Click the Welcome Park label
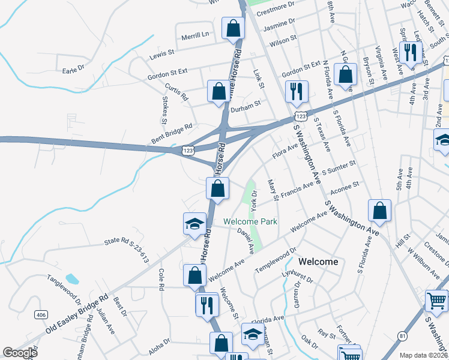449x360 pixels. (250, 221)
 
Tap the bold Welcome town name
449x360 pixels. (318, 262)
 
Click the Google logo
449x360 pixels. (19, 353)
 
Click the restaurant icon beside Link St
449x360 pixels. (297, 92)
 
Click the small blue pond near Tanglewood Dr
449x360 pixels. (72, 278)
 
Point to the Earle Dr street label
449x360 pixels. (74, 70)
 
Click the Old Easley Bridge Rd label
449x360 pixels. (77, 314)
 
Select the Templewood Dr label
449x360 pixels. (276, 259)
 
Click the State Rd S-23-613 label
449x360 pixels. (126, 250)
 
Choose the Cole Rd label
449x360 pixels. (161, 280)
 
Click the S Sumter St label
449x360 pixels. (339, 167)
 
